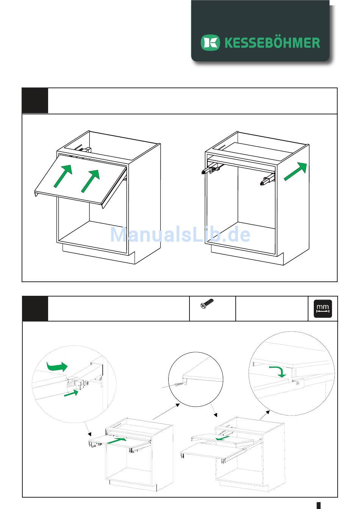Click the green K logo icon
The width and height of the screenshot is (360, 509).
(210, 42)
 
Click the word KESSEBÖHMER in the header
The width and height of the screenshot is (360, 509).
(272, 43)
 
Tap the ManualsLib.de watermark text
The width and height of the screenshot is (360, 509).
(180, 234)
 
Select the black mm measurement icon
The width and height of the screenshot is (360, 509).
(323, 309)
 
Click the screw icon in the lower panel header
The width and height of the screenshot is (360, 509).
(207, 303)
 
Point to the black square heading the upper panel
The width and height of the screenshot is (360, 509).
(35, 101)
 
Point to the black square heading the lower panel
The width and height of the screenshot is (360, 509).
(35, 309)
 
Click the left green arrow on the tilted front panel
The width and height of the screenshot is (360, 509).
(63, 176)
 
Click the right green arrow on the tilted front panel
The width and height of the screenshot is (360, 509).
(91, 181)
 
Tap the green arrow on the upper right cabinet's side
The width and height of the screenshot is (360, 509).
(296, 171)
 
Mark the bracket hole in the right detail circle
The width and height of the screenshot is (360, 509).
(297, 384)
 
